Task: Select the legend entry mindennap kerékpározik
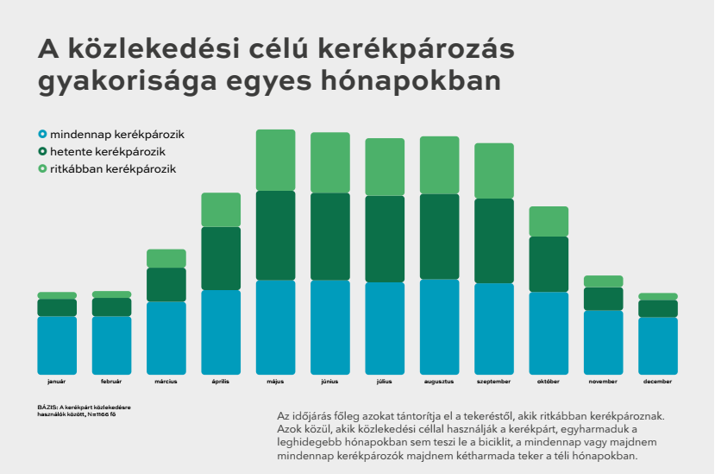coord(117,135)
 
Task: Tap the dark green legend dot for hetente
coord(42,151)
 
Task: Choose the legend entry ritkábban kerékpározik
coord(112,168)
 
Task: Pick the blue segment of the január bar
coord(57,344)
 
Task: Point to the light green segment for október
coord(549,221)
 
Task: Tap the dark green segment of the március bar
coord(166,284)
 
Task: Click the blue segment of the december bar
coord(658,345)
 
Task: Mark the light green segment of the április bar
coord(221,210)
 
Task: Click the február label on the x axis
coord(111,381)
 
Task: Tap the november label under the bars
coord(603,381)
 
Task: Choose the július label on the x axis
coord(385,381)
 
